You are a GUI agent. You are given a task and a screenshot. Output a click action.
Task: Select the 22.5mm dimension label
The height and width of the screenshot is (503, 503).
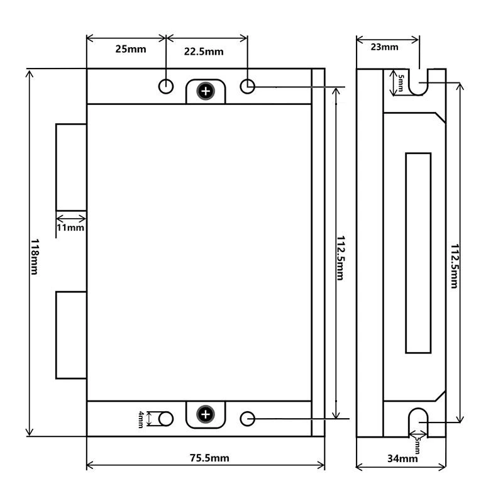(x=203, y=52)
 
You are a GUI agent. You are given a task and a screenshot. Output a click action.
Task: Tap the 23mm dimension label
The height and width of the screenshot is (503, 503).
(x=384, y=47)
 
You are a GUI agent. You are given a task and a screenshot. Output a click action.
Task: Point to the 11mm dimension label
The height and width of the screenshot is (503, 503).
(x=70, y=228)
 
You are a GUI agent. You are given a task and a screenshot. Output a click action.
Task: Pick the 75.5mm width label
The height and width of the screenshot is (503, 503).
(x=209, y=458)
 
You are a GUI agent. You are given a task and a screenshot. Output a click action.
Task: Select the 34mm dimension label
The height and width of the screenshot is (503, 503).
(x=403, y=458)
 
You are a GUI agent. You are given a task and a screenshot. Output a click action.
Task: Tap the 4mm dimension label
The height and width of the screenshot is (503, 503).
(x=141, y=419)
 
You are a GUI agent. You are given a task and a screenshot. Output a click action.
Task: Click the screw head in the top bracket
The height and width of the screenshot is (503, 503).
(x=206, y=91)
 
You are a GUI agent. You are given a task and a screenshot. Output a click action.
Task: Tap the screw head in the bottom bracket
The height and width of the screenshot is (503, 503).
(x=206, y=414)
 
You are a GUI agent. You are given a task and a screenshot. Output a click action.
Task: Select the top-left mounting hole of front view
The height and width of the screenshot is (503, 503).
(x=166, y=86)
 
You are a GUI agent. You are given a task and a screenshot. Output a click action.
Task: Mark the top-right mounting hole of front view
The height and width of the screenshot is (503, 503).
(x=248, y=86)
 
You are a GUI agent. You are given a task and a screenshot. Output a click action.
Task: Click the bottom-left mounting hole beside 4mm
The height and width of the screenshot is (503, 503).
(x=166, y=418)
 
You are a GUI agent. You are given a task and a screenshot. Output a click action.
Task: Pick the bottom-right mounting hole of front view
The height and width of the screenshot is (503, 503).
(x=248, y=418)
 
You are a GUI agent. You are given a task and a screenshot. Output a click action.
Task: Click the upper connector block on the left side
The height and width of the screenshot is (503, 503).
(x=71, y=167)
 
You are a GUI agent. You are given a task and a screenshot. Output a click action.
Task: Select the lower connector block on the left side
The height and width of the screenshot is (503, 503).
(x=71, y=334)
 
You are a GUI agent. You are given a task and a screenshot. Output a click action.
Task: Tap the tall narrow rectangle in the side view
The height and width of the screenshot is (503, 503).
(x=418, y=252)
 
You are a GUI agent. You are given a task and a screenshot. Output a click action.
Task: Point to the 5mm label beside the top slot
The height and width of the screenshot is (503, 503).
(x=401, y=82)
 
